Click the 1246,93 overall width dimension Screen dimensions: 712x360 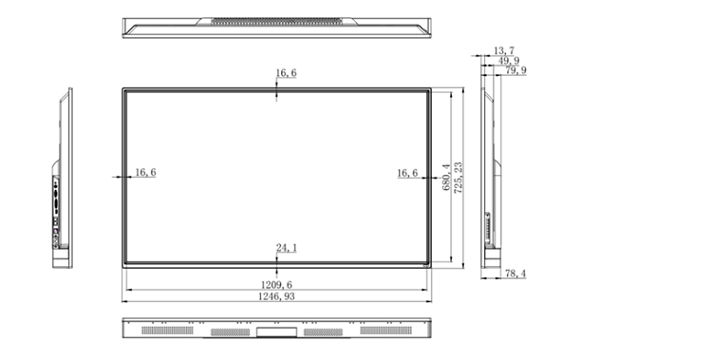276,296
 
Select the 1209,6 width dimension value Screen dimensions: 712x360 276,285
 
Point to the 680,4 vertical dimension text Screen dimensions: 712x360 446,178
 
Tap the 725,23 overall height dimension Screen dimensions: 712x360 459,178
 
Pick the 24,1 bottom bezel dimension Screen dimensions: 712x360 287,248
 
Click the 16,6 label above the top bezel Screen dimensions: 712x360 286,73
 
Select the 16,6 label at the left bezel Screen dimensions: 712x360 145,172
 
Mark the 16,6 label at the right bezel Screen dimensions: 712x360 407,173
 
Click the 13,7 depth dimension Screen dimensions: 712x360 504,50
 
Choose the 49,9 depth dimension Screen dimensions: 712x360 509,61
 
